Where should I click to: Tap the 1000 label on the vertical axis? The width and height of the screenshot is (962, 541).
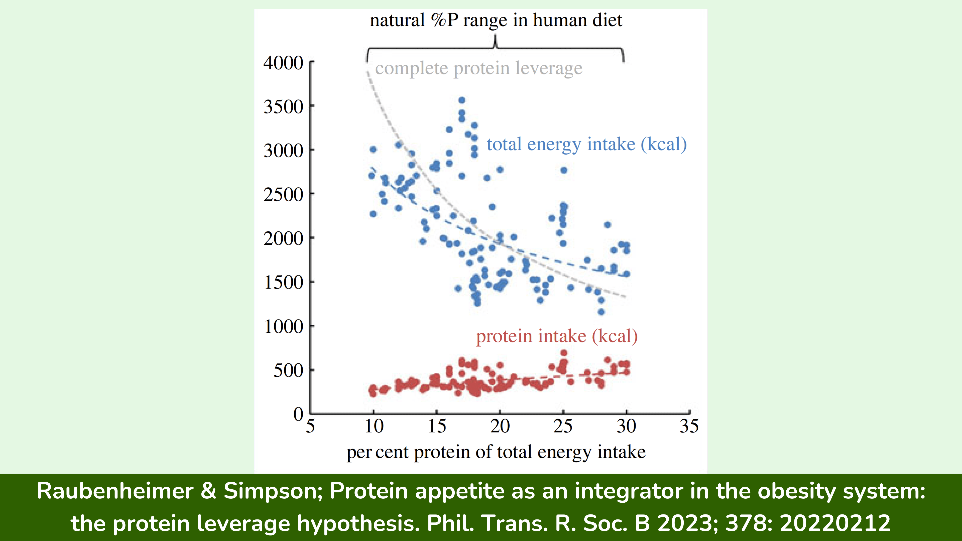283,327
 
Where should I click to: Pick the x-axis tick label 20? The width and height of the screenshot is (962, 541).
500,426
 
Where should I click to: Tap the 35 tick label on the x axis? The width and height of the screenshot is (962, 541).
689,426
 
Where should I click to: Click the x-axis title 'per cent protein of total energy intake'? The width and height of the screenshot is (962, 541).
496,452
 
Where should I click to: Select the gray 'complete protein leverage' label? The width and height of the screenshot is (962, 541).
478,68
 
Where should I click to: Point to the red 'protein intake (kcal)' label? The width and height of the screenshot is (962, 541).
556,336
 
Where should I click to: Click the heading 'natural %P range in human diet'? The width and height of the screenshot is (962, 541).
496,20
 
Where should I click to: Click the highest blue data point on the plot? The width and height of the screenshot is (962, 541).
462,100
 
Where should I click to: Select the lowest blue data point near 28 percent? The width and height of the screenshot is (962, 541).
601,312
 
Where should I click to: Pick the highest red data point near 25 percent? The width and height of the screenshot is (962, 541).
564,353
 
